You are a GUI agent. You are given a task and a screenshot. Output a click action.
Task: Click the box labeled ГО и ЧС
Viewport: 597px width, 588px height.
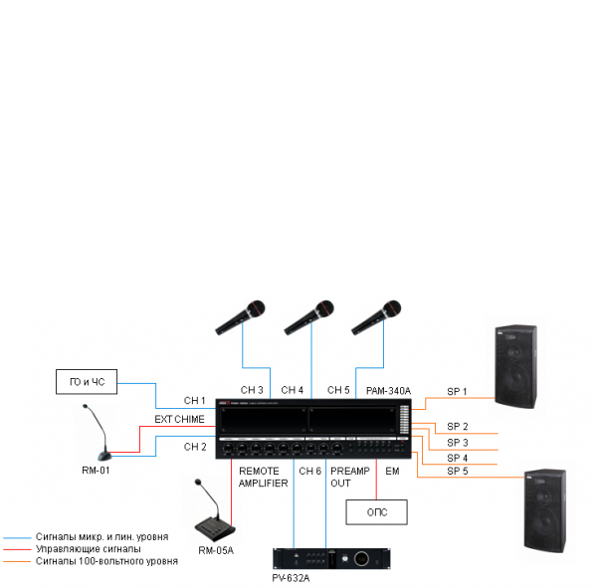point(87,381)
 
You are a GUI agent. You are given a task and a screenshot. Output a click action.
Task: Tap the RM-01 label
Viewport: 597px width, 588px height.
point(96,470)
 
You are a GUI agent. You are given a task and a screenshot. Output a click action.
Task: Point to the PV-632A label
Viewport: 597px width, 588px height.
point(292,578)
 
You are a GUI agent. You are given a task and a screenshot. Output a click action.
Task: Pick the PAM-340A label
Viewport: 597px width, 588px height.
point(388,391)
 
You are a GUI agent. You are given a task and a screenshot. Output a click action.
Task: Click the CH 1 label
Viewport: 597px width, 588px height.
point(195,400)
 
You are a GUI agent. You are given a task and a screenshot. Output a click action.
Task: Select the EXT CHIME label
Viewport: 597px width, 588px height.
point(179,419)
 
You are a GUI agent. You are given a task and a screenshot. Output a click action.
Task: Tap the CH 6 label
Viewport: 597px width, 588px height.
point(310,471)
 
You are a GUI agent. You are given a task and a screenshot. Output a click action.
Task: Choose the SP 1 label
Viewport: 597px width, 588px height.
point(457,392)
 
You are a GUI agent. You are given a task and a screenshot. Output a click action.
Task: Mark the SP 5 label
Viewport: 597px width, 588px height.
point(457,470)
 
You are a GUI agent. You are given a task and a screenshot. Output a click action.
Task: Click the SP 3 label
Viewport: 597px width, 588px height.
point(457,442)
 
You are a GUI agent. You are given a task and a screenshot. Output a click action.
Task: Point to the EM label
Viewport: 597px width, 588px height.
point(392,471)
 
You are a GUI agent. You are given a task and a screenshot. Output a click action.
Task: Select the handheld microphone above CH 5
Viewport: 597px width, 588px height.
point(377,317)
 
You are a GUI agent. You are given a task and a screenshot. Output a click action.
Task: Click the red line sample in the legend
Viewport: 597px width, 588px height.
point(17,548)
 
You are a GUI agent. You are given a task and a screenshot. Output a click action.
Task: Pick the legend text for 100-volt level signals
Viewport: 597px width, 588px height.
point(107,561)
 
